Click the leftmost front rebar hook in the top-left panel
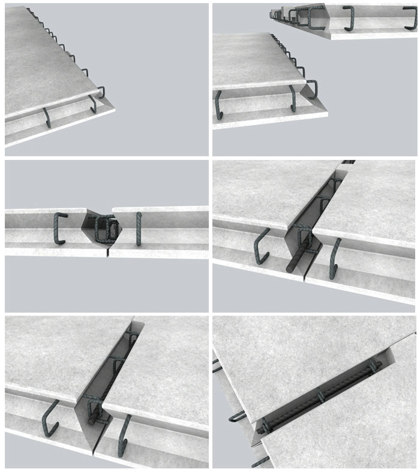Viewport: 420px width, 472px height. tap(47, 117)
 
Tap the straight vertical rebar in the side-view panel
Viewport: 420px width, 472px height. tap(139, 229)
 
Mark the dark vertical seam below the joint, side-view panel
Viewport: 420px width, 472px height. tap(109, 252)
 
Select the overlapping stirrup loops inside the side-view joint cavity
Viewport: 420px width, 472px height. tap(107, 230)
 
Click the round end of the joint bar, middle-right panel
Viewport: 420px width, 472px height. tap(291, 267)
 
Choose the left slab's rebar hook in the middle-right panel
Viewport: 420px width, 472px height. tap(262, 246)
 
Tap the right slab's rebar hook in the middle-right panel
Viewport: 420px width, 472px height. tap(334, 258)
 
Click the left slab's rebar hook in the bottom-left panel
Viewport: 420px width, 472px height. tap(49, 417)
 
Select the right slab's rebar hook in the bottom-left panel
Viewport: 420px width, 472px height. tap(124, 435)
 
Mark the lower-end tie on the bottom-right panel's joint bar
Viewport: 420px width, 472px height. tap(264, 428)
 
